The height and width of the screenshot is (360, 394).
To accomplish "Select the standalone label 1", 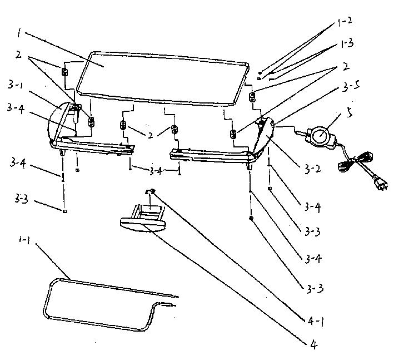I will tap(19, 33).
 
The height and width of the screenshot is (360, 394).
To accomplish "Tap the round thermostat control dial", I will tap(321, 135).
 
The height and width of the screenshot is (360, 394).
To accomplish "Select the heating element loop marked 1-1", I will tap(100, 303).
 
